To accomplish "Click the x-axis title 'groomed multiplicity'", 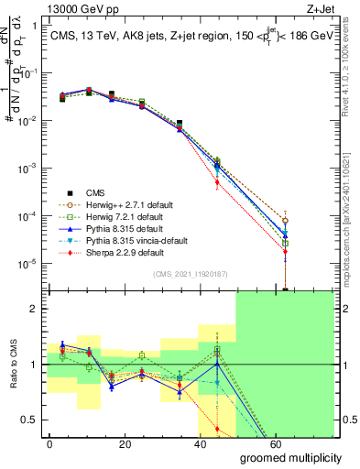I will click(289, 456).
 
